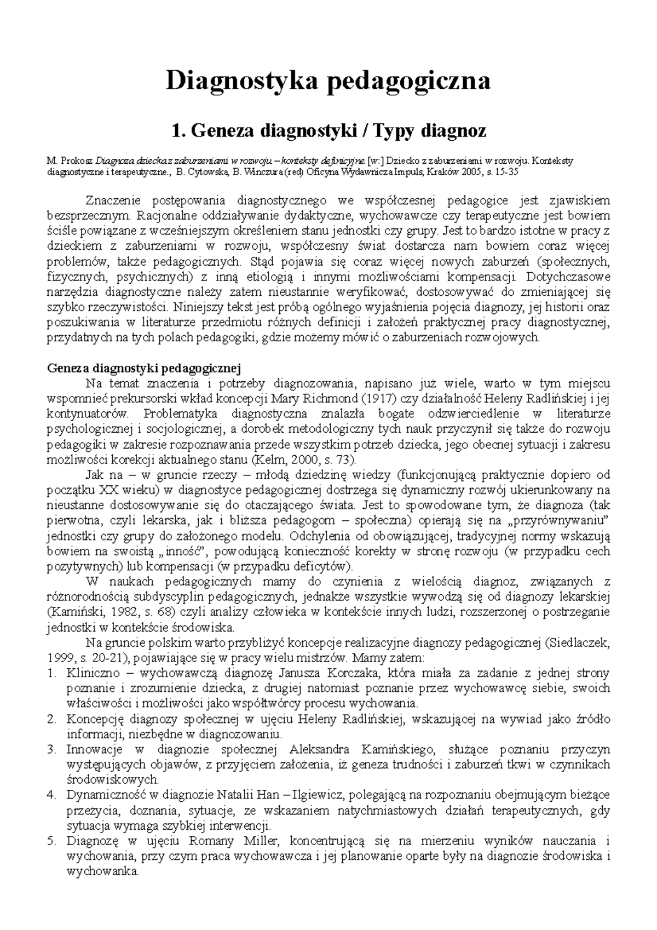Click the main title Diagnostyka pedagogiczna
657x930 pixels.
click(328, 81)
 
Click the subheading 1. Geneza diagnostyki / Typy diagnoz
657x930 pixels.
click(328, 131)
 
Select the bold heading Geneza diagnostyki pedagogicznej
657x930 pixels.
click(144, 368)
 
